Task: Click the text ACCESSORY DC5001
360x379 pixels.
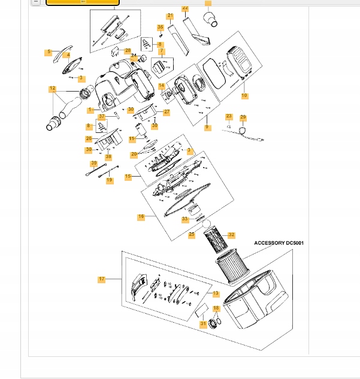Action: click(279, 243)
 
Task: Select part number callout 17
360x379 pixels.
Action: click(102, 279)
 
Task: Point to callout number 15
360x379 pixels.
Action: click(128, 177)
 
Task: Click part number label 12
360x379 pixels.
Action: click(53, 89)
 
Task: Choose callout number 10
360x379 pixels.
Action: click(244, 96)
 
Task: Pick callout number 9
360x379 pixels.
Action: click(207, 127)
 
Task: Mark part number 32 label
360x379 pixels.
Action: click(231, 235)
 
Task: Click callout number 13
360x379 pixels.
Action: click(216, 293)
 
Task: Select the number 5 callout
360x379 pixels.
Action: click(49, 52)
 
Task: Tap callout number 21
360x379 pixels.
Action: click(170, 16)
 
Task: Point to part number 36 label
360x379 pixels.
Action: click(160, 28)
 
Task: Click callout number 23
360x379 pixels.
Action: click(228, 116)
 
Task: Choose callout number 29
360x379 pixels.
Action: click(243, 117)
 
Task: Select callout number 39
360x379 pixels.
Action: click(93, 163)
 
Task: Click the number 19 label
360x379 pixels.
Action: click(110, 180)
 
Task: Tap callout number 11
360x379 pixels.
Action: click(132, 139)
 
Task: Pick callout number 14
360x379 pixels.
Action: click(161, 86)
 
